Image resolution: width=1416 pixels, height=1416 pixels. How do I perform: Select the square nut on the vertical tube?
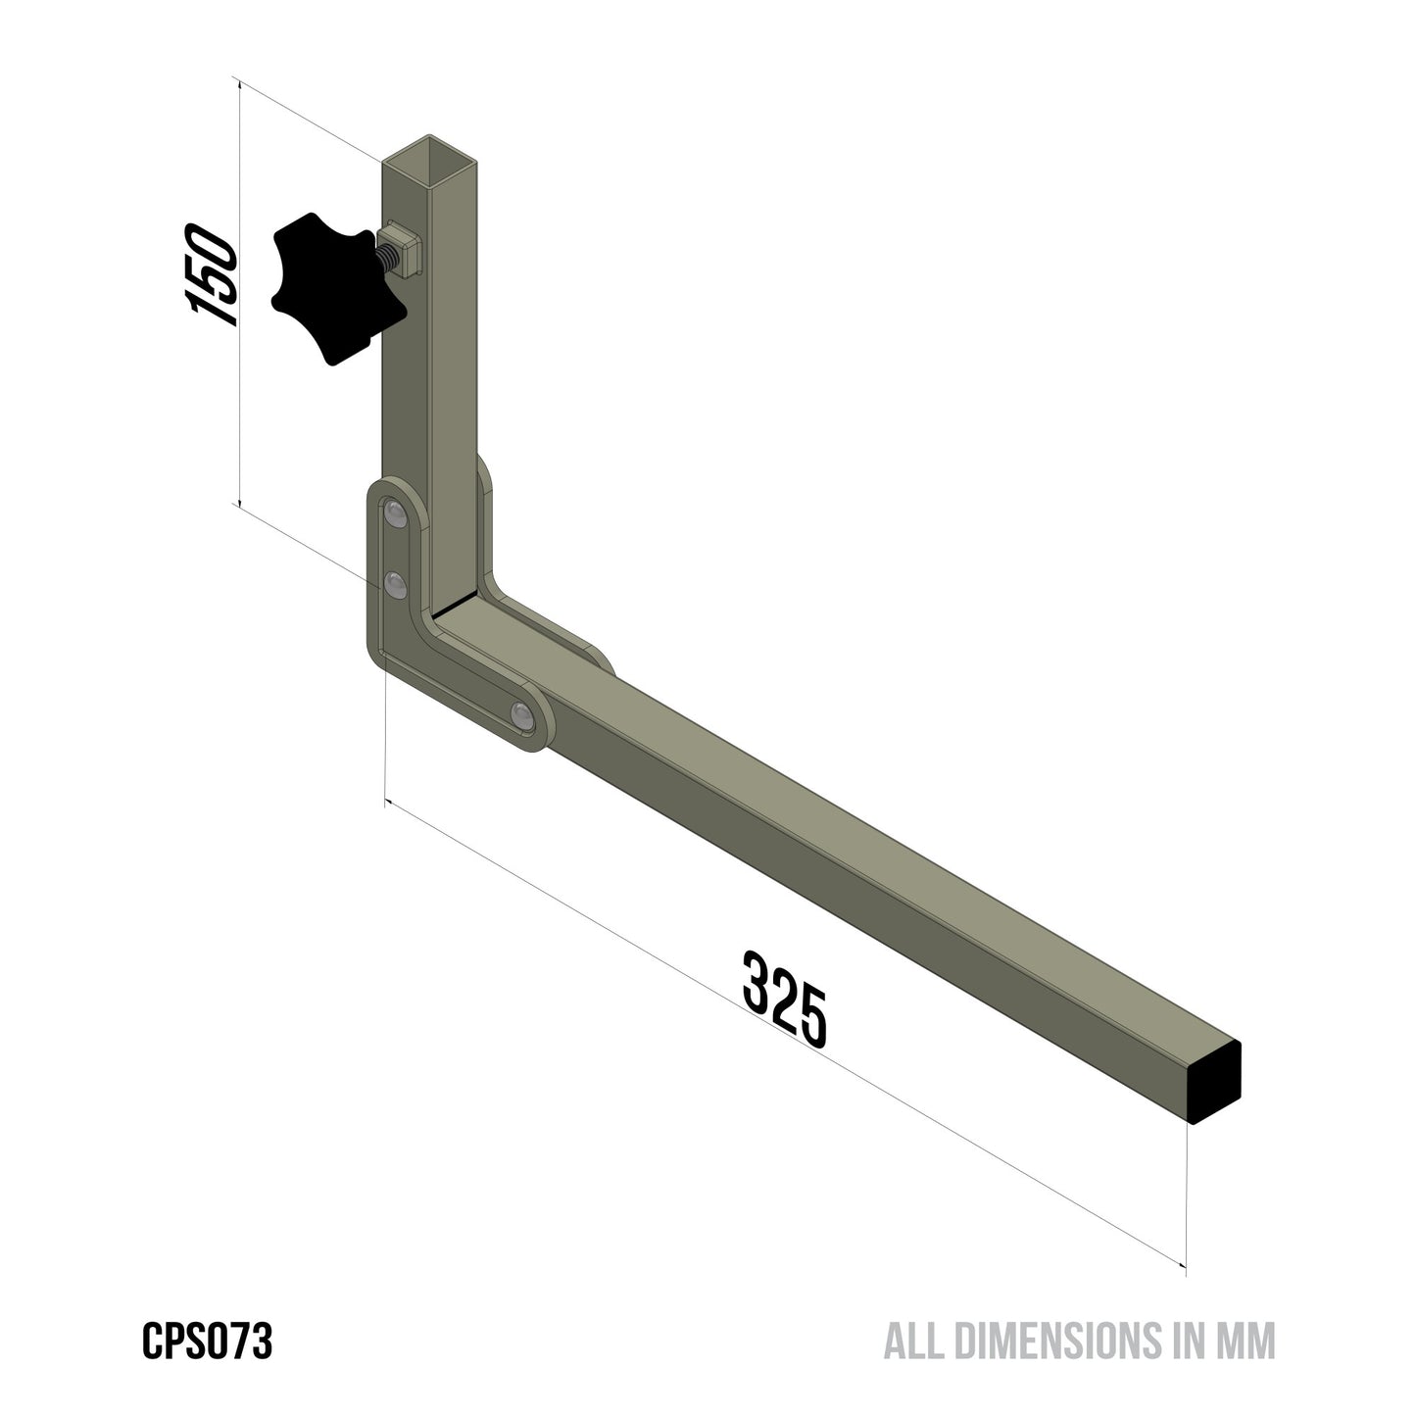point(405,248)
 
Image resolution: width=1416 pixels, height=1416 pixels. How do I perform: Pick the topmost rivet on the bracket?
point(396,513)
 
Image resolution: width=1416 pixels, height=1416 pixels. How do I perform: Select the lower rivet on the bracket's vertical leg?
point(395,586)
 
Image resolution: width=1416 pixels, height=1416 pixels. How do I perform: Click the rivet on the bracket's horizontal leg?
point(520,713)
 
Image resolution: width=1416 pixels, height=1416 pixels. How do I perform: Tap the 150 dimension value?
point(211,275)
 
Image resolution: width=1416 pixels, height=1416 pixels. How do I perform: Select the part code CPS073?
point(207,1342)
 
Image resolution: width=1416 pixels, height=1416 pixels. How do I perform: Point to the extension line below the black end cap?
point(1187,1196)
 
